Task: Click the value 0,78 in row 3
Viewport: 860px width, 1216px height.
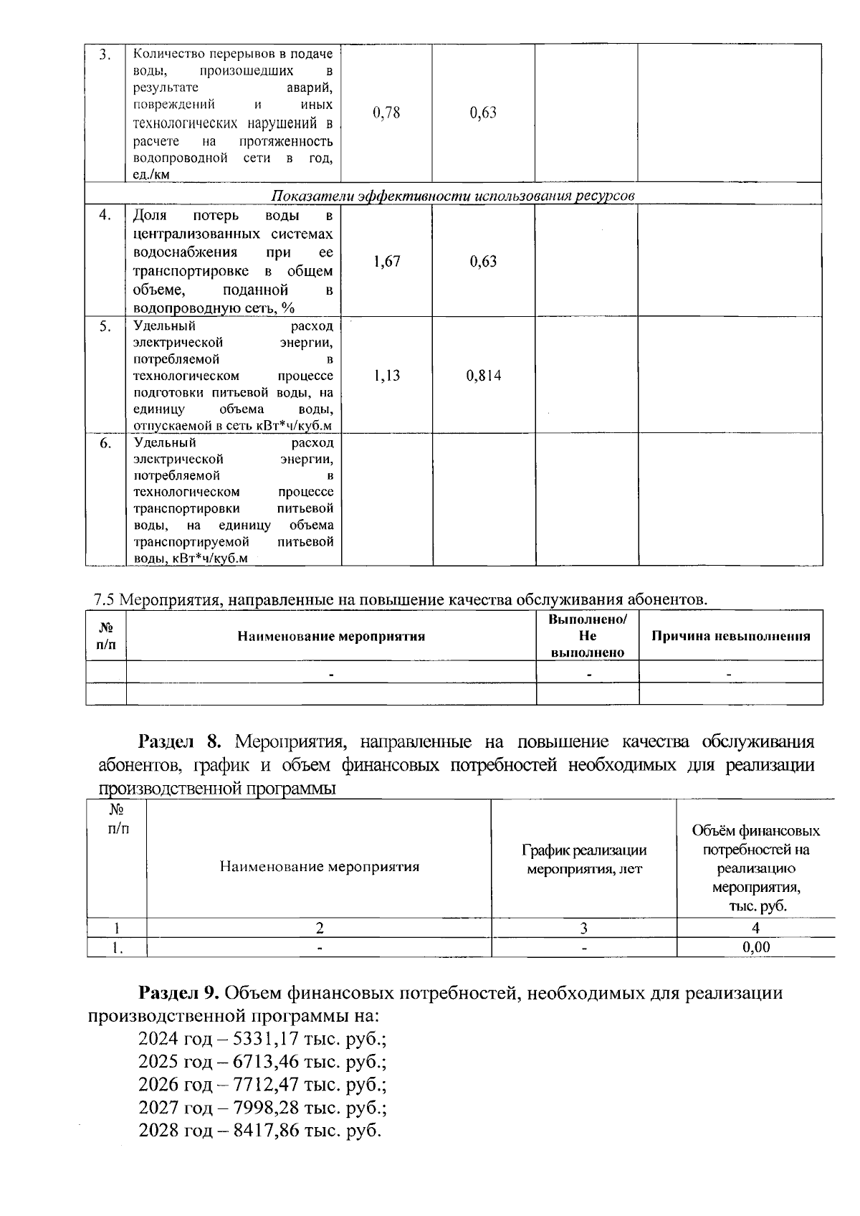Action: pyautogui.click(x=386, y=113)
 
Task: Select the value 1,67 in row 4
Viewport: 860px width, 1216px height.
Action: pyautogui.click(x=386, y=262)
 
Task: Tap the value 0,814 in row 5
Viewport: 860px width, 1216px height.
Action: pyautogui.click(x=484, y=376)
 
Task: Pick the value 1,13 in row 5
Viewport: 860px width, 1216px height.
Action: pyautogui.click(x=386, y=376)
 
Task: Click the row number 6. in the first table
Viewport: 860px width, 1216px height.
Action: pyautogui.click(x=105, y=444)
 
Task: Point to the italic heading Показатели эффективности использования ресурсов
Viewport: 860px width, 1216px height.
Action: pyautogui.click(x=453, y=196)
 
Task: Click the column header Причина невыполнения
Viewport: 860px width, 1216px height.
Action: pyautogui.click(x=730, y=636)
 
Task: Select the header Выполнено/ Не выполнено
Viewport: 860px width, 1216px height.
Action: pyautogui.click(x=587, y=636)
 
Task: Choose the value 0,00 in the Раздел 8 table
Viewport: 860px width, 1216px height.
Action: pyautogui.click(x=756, y=947)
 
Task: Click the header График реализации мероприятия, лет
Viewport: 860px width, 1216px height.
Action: pyautogui.click(x=584, y=859)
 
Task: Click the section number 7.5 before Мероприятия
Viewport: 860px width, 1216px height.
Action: pyautogui.click(x=105, y=599)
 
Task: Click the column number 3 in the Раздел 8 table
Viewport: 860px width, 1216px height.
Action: pyautogui.click(x=584, y=928)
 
